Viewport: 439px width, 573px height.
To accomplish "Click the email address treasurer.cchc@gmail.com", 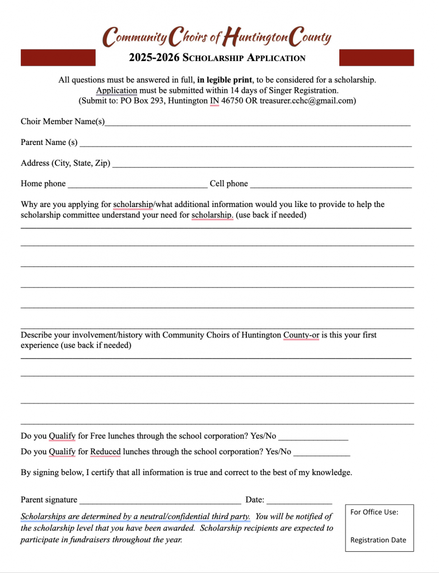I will tap(307, 101).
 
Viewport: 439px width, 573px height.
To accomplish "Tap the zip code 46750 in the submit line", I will tap(235, 101).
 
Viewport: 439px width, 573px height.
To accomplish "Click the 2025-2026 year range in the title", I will tap(155, 58).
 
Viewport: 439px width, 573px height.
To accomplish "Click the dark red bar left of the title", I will tap(58, 58).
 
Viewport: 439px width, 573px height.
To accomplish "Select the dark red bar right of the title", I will tap(376, 58).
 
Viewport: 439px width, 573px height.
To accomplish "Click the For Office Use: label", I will tap(374, 512).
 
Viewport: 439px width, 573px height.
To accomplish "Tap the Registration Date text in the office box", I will tap(378, 540).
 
